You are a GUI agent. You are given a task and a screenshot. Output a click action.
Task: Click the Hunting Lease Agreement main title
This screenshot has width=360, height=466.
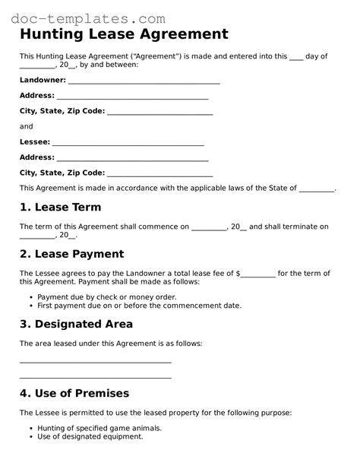point(124,34)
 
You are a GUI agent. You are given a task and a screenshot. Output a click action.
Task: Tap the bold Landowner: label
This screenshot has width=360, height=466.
point(43,80)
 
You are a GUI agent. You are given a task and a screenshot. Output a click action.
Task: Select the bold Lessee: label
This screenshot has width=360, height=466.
point(35,142)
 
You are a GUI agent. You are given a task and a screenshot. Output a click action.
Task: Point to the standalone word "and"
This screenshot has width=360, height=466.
point(26,126)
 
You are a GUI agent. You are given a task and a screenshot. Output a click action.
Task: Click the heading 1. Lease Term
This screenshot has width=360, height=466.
point(60,207)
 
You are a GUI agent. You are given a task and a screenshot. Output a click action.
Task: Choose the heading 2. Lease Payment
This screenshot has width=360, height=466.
point(71,254)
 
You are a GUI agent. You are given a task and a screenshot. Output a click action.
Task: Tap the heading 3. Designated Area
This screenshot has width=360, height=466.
point(76,324)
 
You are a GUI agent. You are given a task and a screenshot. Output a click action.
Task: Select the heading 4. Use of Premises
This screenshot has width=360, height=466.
point(74,393)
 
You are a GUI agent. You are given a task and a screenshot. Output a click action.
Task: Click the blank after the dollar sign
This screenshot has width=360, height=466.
point(258,274)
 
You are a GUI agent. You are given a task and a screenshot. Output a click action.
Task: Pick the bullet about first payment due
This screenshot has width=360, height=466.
point(139,306)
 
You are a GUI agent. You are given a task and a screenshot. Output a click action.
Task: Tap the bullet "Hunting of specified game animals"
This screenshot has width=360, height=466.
point(102,428)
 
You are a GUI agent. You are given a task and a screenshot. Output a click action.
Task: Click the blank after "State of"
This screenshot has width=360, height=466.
point(317,189)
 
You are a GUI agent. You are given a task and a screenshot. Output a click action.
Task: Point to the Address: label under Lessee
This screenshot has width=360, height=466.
point(36,157)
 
